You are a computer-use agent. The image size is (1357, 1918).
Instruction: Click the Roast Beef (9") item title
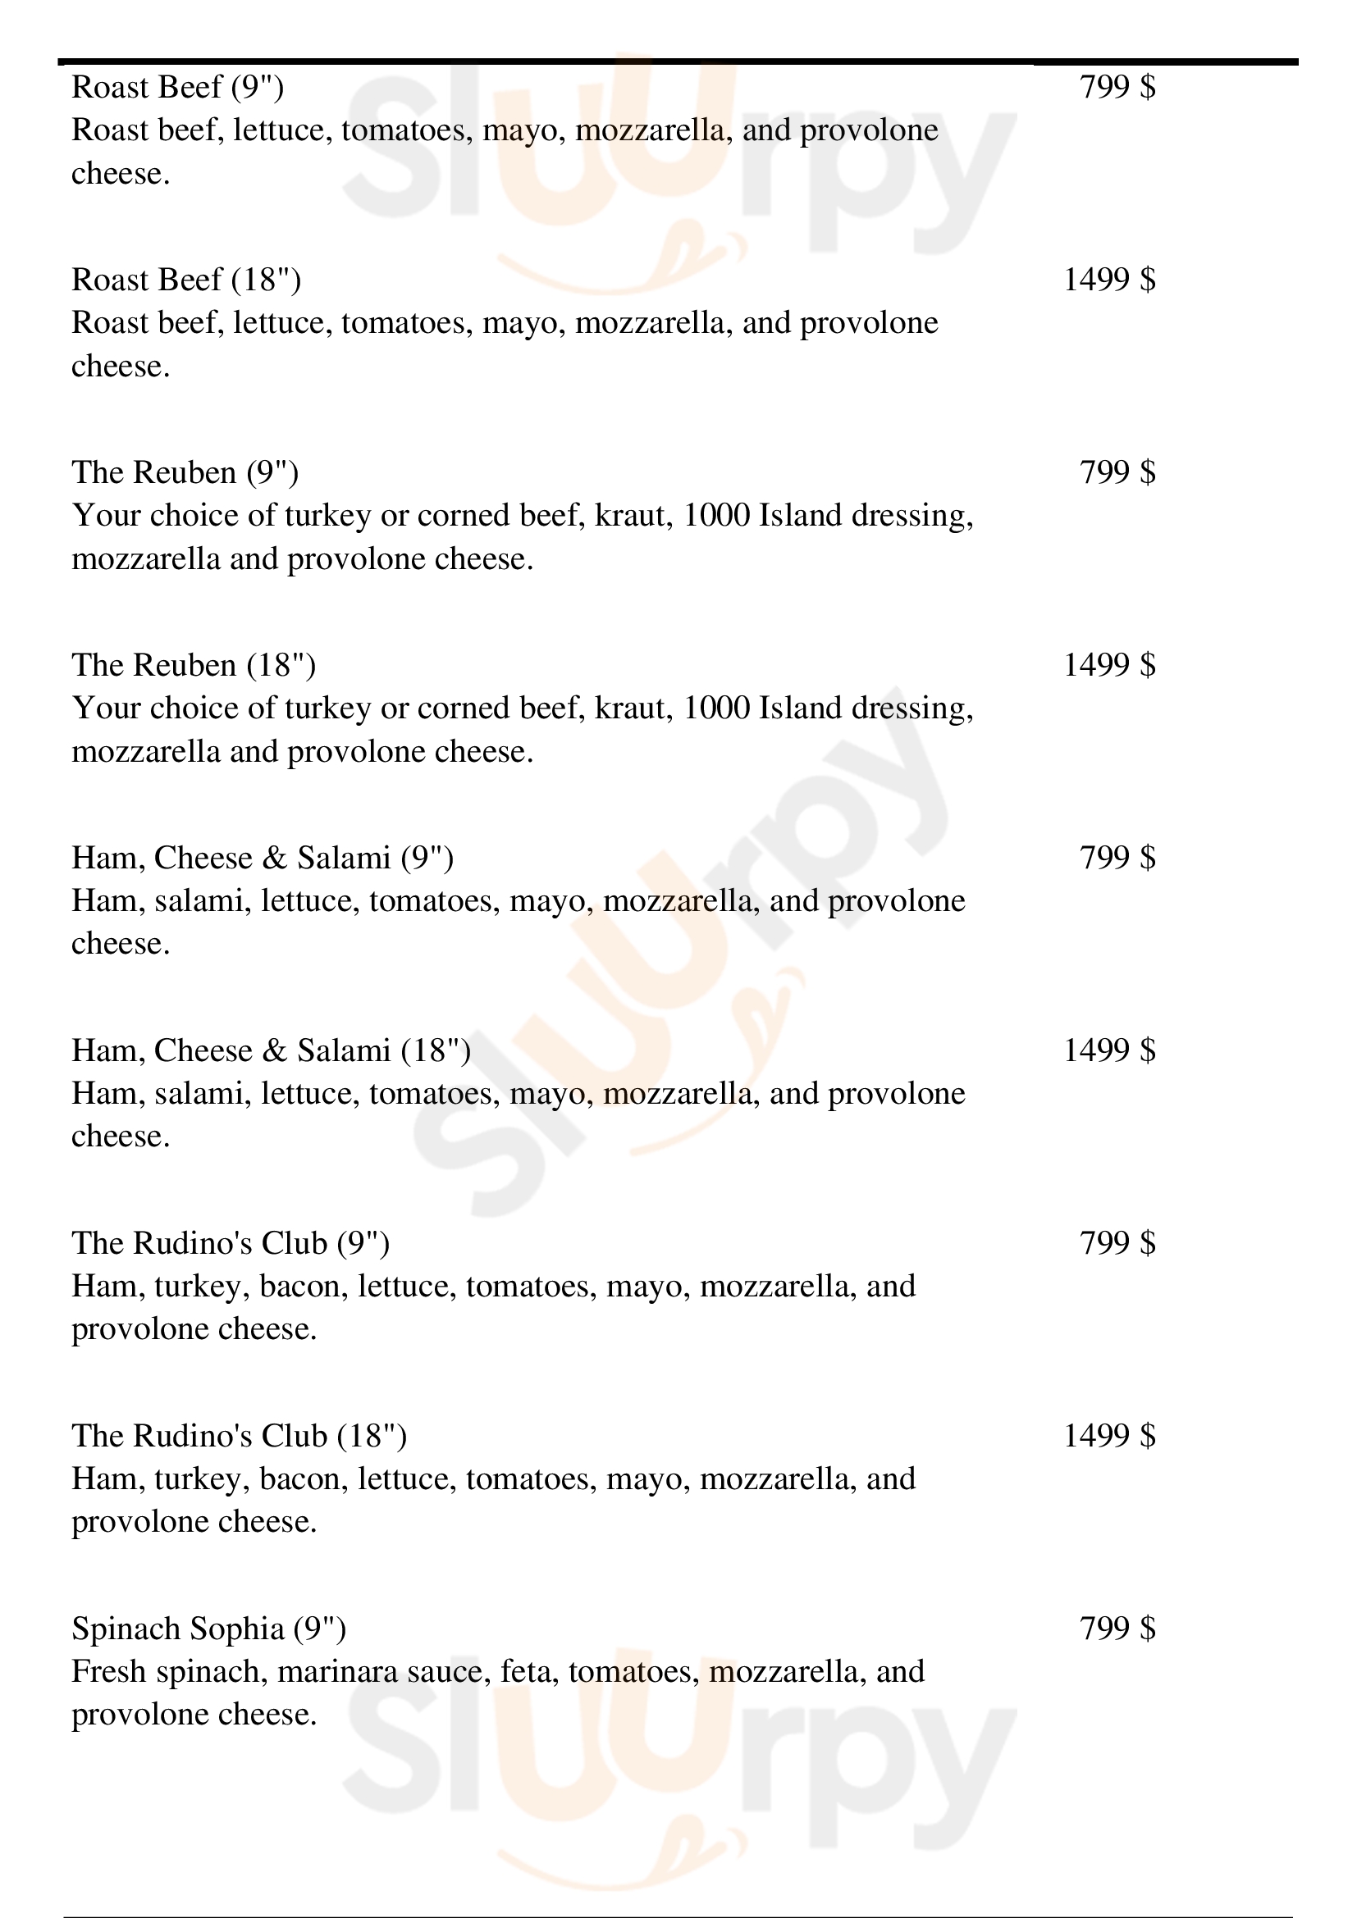177,87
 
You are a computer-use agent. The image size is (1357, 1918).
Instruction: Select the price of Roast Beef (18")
1109,280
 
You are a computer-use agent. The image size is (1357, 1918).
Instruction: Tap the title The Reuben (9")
185,473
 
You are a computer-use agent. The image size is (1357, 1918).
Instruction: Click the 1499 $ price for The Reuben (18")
1109,665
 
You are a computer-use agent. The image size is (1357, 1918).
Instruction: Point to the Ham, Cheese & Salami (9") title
263,858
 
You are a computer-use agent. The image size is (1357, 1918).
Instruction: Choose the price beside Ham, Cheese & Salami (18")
1109,1050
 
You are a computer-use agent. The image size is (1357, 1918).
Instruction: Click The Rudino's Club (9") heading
231,1243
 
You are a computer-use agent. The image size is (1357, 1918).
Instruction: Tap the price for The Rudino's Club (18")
1109,1435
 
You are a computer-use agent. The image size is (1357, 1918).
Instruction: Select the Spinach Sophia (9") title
209,1629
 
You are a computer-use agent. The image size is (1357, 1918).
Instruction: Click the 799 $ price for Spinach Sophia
1117,1629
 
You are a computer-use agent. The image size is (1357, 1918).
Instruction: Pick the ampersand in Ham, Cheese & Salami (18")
274,1051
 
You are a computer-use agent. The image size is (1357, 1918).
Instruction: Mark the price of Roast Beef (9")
1117,87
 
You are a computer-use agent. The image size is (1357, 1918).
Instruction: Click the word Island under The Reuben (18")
800,708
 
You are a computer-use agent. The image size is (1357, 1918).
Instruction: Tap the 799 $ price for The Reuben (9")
1117,473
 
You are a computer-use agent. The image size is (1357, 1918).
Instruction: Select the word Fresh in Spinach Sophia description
108,1671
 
